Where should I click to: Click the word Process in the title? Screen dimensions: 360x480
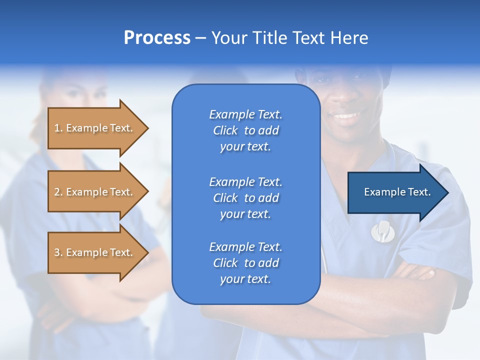tap(157, 38)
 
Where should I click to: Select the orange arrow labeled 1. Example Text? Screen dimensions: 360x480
tap(95, 128)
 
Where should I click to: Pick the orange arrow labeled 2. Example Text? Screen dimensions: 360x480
tap(95, 192)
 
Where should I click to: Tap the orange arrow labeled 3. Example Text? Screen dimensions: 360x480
tap(95, 252)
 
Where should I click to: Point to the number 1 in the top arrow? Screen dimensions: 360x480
tap(57, 128)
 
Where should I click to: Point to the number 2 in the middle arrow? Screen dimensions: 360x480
tap(57, 192)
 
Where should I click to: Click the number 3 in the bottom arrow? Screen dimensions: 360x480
tap(57, 252)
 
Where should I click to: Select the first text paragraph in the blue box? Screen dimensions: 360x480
tap(245, 130)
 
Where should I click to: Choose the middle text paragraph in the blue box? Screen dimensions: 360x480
tap(245, 198)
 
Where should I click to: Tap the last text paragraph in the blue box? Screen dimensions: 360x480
tap(245, 263)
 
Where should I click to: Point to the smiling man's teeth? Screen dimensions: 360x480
tap(346, 116)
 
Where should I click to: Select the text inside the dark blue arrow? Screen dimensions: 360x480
tap(397, 192)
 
